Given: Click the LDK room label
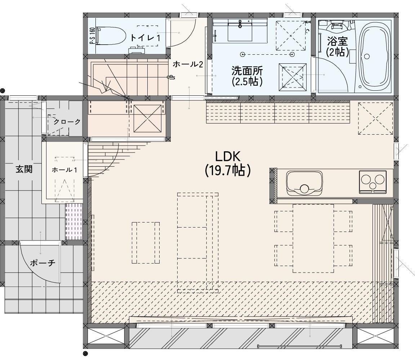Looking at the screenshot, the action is point(228,157).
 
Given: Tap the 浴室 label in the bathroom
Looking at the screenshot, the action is point(337,41).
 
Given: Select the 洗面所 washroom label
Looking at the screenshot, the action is point(247,71).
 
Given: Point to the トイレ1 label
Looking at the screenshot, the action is point(145,38).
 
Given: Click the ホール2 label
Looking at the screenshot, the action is point(188,64).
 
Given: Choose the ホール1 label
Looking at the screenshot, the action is point(64,170).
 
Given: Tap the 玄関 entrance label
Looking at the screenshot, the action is point(24,169).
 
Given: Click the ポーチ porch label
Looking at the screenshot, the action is point(43,263).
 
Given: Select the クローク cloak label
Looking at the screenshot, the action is point(67,122).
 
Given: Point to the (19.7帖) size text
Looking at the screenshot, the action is point(228,170).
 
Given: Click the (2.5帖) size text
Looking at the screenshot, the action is point(247,81).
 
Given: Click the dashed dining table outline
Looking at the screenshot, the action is point(313,238).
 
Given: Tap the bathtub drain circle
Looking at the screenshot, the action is point(367,57).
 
